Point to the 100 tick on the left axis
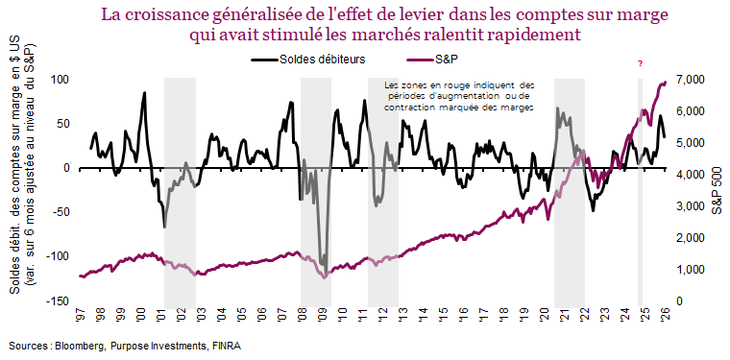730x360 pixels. click(61, 80)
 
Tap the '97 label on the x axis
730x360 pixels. click(83, 314)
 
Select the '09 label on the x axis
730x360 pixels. click(322, 314)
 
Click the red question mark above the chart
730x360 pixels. click(640, 63)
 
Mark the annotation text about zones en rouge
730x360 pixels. click(458, 96)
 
